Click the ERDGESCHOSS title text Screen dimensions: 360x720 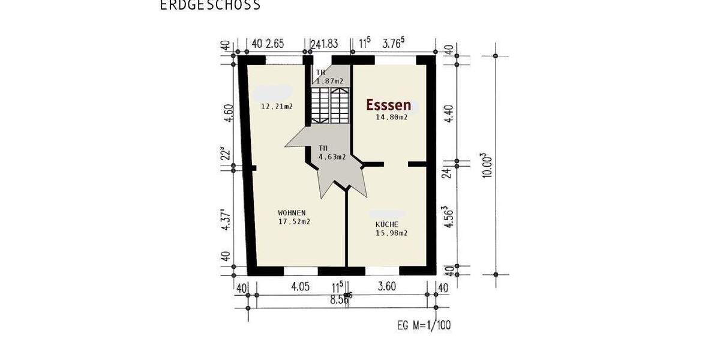click(210, 5)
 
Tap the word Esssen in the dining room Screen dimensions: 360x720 click(389, 105)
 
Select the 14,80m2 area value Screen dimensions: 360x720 click(391, 118)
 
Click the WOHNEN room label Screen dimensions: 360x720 click(292, 213)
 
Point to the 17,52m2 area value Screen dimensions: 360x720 click(294, 221)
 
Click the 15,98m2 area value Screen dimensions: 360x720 click(391, 233)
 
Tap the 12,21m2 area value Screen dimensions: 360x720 click(277, 107)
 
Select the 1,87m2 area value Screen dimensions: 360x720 click(330, 81)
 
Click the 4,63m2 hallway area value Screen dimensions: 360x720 click(332, 157)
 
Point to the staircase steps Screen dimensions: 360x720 click(329, 105)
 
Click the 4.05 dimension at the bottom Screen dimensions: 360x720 click(300, 287)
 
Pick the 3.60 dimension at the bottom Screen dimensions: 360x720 click(386, 287)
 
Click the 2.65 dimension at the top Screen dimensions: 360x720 click(275, 43)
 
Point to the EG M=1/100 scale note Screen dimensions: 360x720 click(424, 326)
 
